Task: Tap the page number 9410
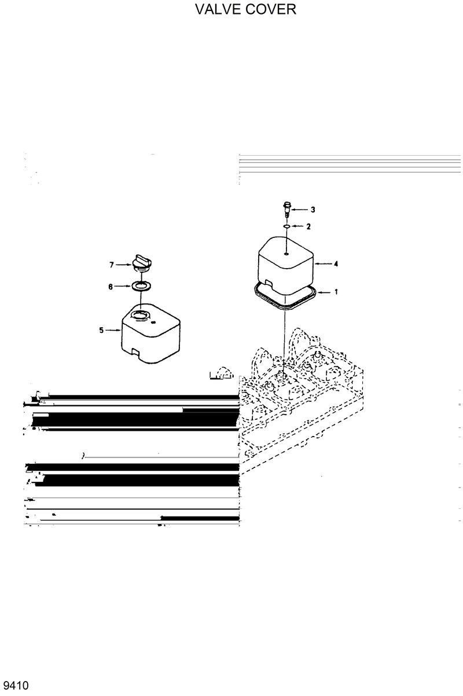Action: (15, 686)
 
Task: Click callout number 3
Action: (313, 209)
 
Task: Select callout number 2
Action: (308, 226)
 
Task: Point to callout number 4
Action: (336, 264)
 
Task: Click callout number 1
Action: (336, 292)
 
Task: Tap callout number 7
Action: (112, 265)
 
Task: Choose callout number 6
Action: (112, 286)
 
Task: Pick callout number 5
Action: (101, 330)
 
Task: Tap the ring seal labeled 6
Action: (141, 286)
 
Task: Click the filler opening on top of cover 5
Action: (139, 316)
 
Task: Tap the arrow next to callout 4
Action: (322, 264)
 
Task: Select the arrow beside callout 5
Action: (113, 330)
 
